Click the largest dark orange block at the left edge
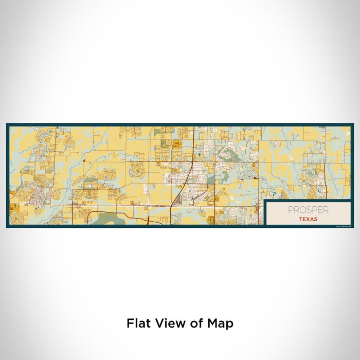tap(13, 207)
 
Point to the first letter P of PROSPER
tap(291, 210)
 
